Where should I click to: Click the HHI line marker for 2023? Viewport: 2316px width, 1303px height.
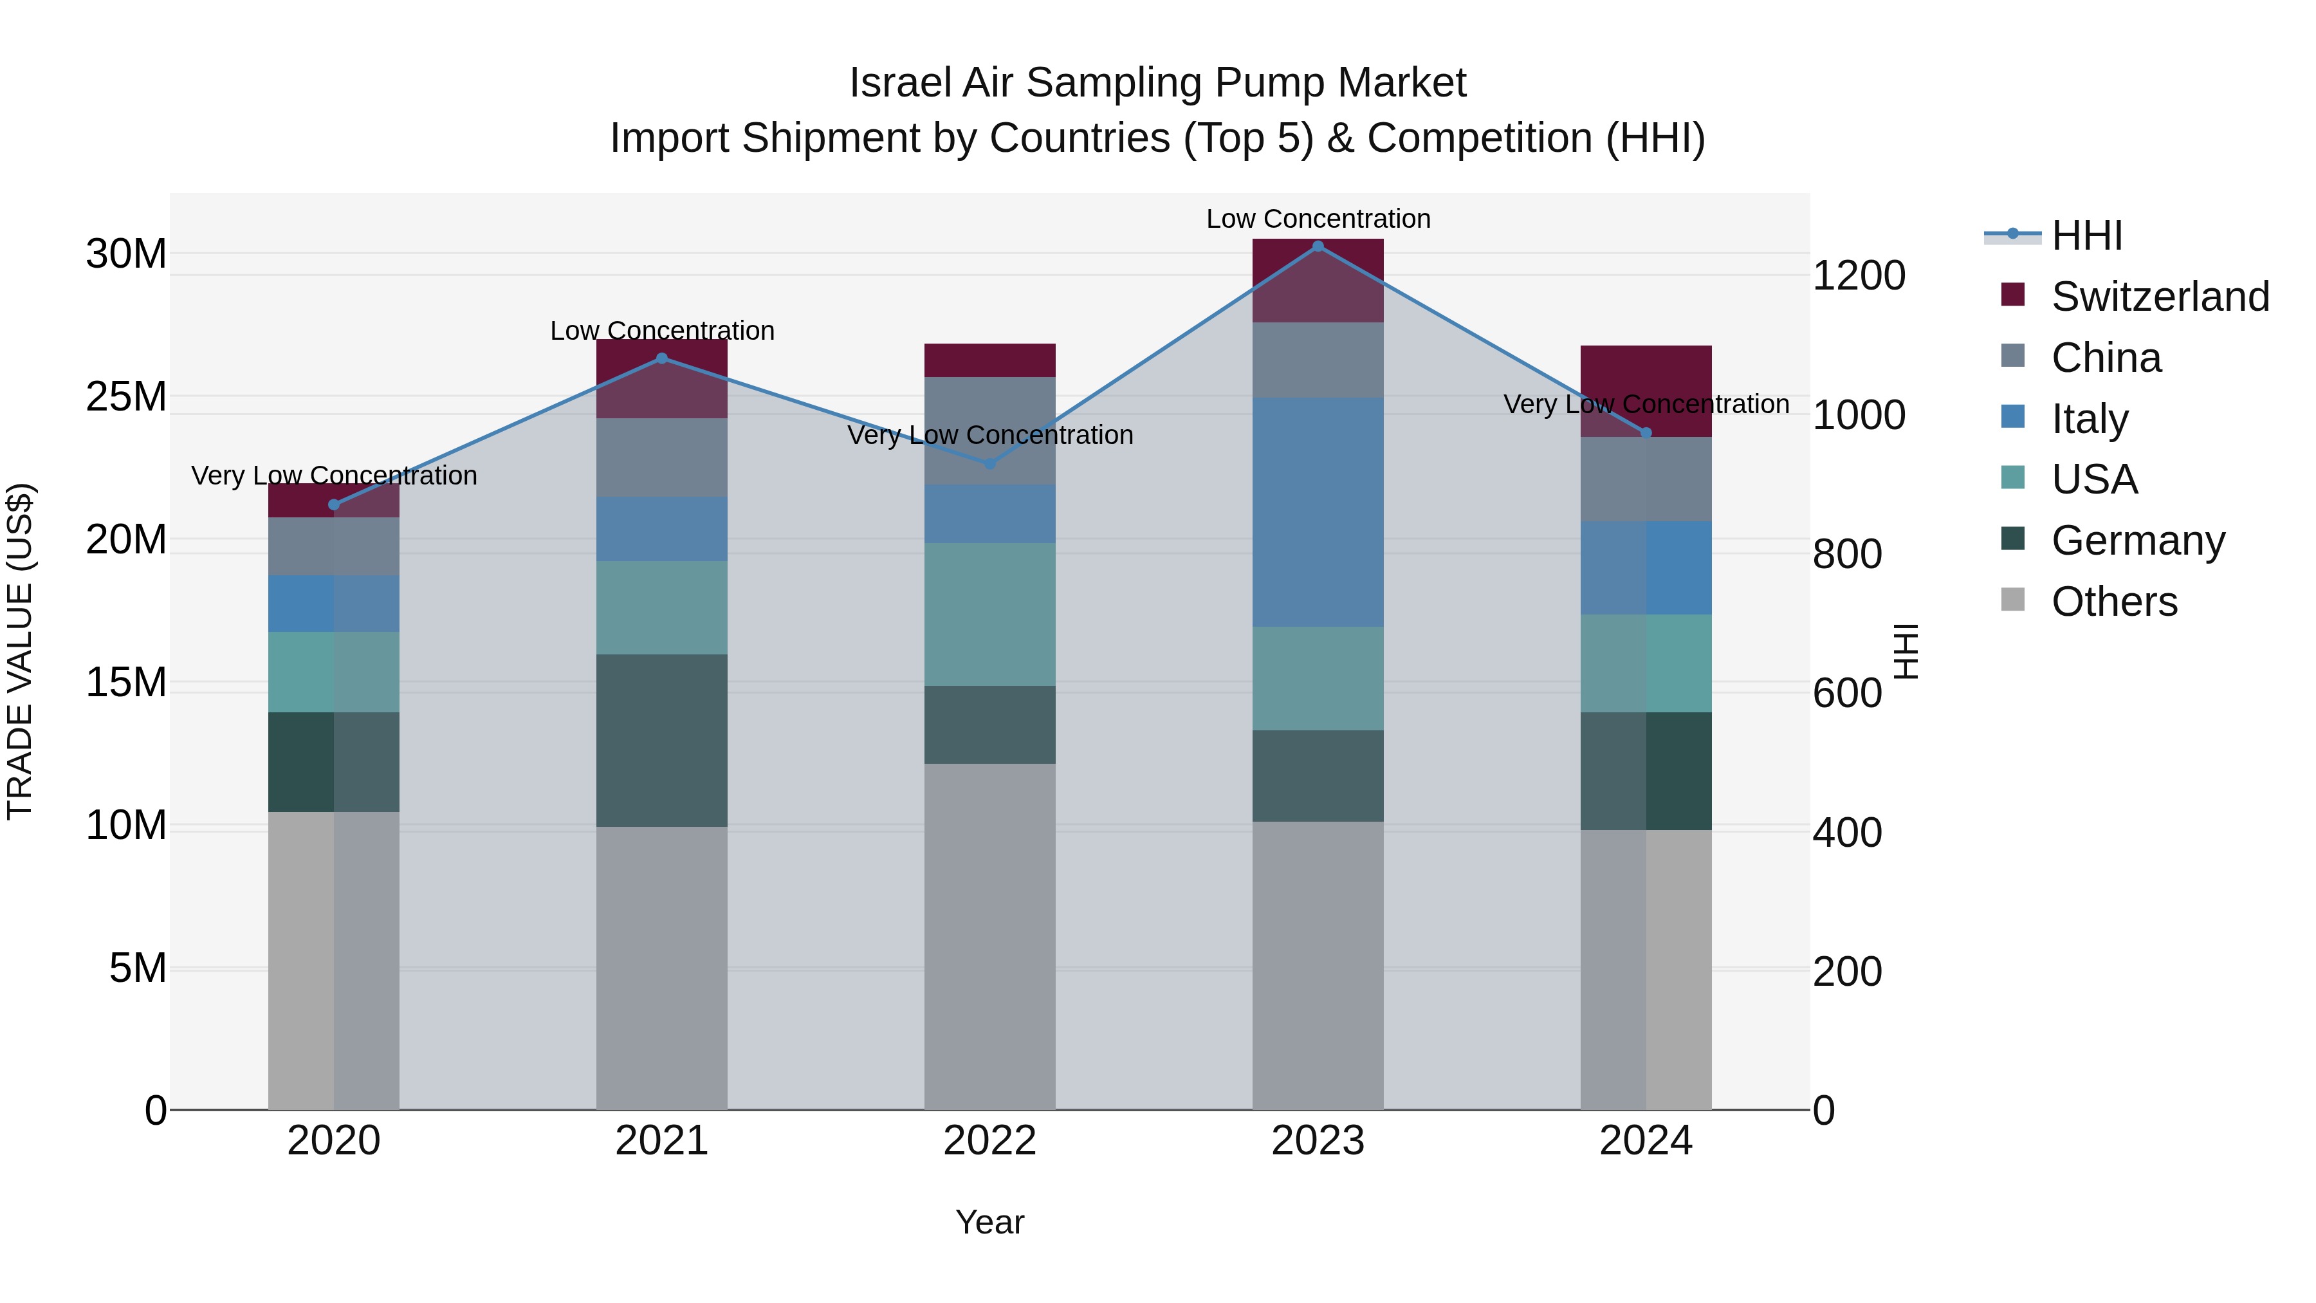pyautogui.click(x=1318, y=246)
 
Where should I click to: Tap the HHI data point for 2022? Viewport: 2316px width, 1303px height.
pyautogui.click(x=990, y=464)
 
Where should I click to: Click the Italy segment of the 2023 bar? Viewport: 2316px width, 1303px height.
pyautogui.click(x=1318, y=513)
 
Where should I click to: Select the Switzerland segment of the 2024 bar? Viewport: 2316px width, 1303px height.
pyautogui.click(x=1646, y=378)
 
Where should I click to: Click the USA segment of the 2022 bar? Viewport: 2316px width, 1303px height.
pyautogui.click(x=990, y=615)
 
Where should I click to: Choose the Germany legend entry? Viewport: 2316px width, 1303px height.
pyautogui.click(x=2137, y=541)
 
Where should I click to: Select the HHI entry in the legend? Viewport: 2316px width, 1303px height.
pyautogui.click(x=2086, y=236)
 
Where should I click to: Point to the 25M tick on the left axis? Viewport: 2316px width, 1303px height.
pyautogui.click(x=126, y=396)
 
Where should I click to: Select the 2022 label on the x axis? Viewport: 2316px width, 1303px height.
pyautogui.click(x=990, y=1141)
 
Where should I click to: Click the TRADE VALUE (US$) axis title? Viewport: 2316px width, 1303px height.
pyautogui.click(x=20, y=651)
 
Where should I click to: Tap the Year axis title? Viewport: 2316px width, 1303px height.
pyautogui.click(x=990, y=1222)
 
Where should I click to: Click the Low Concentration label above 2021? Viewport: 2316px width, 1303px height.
pyautogui.click(x=662, y=331)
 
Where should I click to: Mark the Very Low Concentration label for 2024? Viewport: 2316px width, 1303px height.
pyautogui.click(x=1646, y=405)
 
